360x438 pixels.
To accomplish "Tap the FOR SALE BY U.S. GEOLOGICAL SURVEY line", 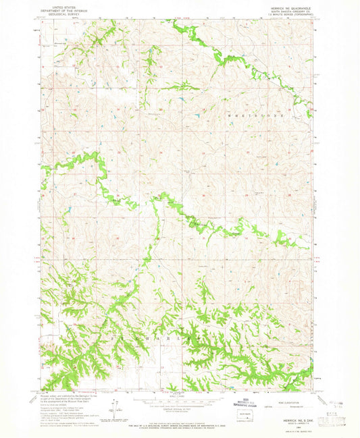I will point(180,420).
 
